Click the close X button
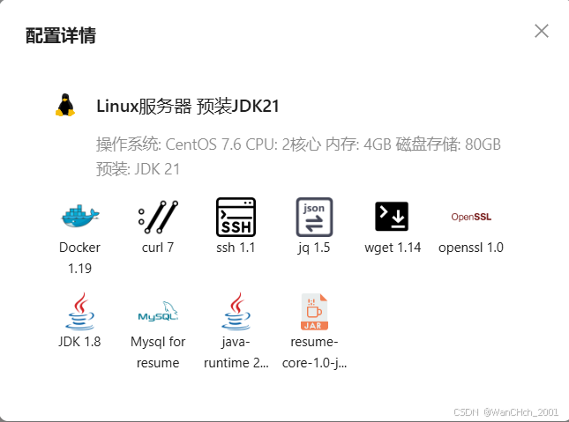pos(542,32)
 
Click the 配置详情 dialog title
pos(61,36)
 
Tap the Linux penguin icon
pos(64,106)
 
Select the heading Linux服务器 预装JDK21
pos(188,107)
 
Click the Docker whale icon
pos(80,215)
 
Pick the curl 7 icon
pos(158,216)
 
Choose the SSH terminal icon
pos(236,216)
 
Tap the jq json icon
pos(314,216)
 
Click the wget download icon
pos(392,216)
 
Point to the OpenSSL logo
pos(470,217)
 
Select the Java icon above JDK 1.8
pos(80,311)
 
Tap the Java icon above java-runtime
pos(236,311)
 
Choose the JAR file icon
pos(314,311)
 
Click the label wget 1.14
pos(393,248)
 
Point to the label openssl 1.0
pos(470,248)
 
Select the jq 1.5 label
pos(314,248)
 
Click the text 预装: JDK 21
pos(138,168)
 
